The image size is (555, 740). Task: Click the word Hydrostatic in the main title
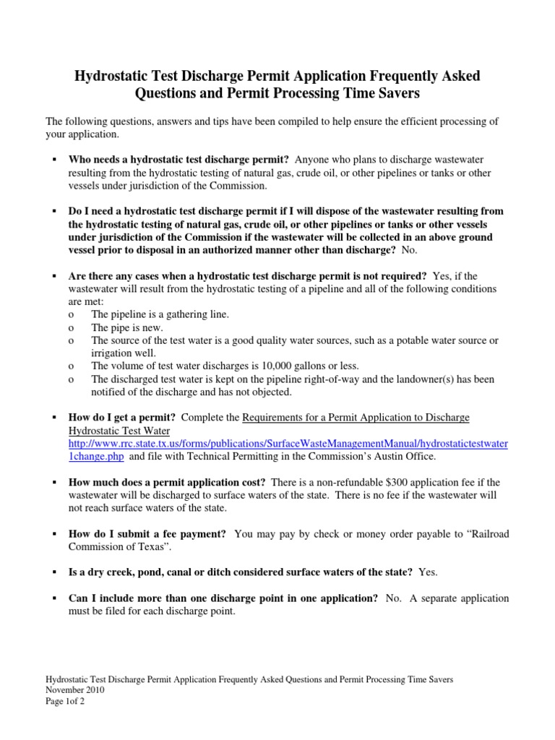(114, 76)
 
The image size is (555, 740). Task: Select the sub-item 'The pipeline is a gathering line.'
(160, 314)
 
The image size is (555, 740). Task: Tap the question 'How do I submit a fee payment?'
(147, 534)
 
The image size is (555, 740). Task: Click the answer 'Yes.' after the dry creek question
(428, 572)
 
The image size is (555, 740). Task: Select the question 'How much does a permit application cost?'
(167, 482)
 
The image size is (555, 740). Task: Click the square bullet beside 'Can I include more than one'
(54, 599)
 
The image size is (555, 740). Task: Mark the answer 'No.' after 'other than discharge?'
(410, 249)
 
